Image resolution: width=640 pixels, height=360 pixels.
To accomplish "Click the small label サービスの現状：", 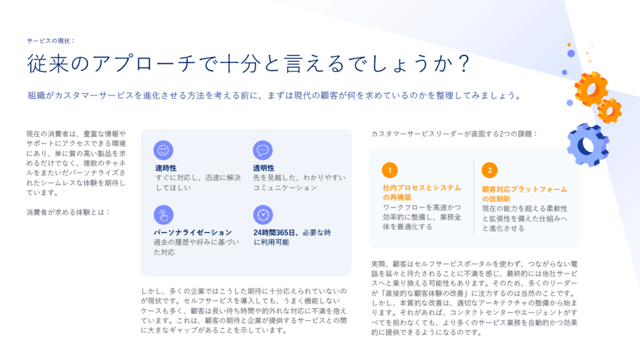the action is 51,41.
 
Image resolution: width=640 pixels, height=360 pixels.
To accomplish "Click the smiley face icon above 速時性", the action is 163,150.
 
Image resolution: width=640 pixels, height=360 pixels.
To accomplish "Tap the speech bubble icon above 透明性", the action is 262,150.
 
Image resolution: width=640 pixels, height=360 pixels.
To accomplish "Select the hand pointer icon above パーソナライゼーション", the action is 163,215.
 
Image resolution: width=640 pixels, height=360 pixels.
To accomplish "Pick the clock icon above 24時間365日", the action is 263,215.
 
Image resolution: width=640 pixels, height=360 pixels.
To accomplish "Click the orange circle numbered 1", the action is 390,170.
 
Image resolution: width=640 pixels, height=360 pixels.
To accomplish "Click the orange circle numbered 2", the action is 489,170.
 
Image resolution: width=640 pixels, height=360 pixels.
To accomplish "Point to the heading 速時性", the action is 166,167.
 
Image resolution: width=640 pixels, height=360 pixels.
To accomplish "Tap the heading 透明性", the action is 264,167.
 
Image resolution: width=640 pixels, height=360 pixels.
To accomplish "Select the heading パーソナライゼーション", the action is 192,232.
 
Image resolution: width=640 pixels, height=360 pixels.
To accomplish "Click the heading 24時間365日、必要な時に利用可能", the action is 292,237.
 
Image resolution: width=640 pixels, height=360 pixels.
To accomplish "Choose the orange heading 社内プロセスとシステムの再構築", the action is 422,192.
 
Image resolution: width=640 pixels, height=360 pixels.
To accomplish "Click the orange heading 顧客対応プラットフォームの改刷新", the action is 524,194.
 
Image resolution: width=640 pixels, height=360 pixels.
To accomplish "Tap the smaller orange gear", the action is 610,111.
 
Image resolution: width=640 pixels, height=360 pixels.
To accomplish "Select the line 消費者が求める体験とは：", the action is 69,212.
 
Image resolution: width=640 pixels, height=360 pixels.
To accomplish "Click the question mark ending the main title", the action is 464,64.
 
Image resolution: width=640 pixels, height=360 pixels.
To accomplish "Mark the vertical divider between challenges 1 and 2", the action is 474,197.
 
